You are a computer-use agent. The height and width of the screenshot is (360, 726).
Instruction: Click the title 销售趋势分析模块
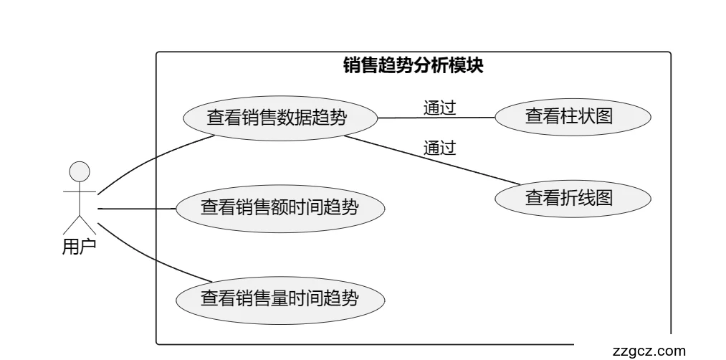click(414, 65)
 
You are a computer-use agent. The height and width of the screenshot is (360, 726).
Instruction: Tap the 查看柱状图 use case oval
click(573, 116)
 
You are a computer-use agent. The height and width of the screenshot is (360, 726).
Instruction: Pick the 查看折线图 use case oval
click(573, 197)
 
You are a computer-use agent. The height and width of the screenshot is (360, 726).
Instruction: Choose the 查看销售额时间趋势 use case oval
click(281, 208)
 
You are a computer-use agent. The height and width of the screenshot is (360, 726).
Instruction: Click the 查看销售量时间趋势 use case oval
click(281, 297)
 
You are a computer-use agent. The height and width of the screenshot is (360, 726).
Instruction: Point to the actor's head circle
click(79, 171)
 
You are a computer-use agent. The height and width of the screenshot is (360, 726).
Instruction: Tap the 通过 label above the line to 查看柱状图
click(439, 108)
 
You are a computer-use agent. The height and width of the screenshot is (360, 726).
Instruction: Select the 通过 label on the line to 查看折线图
click(439, 148)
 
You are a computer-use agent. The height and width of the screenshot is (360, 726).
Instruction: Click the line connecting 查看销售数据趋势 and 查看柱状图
click(437, 118)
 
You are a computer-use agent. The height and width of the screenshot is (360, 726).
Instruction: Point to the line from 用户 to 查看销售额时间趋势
click(136, 209)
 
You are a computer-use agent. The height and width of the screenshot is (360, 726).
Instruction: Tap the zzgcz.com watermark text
click(649, 351)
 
